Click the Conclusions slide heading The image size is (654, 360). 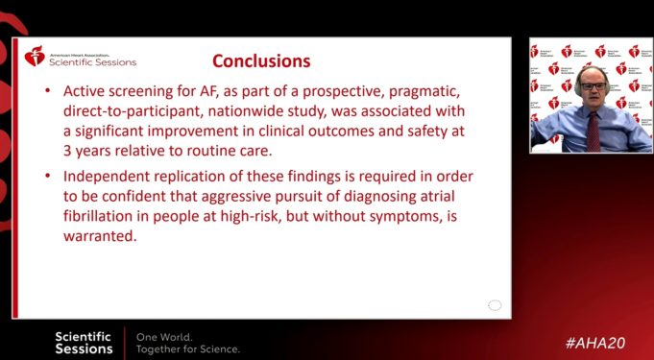(261, 61)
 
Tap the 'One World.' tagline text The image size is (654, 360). (164, 337)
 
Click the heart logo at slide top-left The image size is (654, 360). (35, 58)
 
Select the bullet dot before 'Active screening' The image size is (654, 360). (48, 91)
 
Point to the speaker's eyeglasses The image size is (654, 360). (593, 87)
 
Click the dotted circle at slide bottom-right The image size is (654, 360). (495, 305)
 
